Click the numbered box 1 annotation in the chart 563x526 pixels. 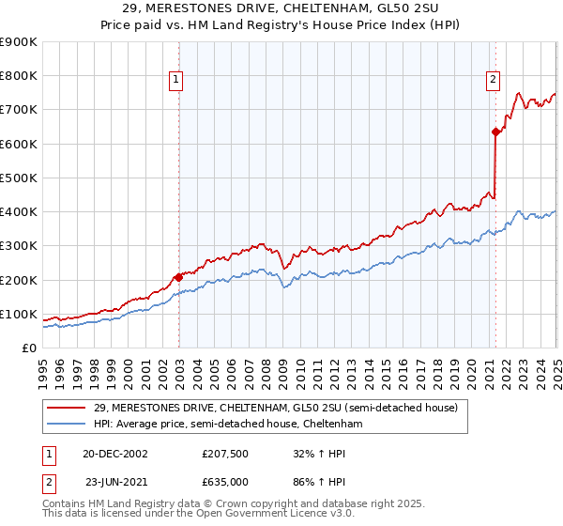pos(176,80)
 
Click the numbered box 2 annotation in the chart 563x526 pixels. pos(493,80)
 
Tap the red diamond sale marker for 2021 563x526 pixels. pos(495,132)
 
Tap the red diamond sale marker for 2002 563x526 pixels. pos(178,277)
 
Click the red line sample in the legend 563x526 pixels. pos(68,408)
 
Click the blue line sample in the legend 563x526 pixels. pos(68,425)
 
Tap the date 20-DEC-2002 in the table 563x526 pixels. pos(115,454)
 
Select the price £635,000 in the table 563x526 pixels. pos(227,483)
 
